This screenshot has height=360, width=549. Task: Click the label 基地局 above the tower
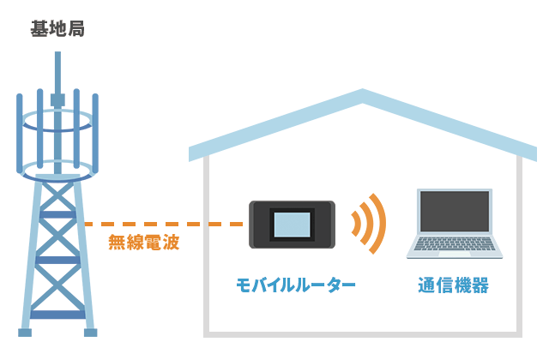(x=57, y=29)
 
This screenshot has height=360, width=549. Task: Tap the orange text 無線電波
(x=143, y=242)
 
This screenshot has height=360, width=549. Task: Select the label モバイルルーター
(x=295, y=285)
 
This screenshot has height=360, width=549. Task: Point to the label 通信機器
(x=454, y=285)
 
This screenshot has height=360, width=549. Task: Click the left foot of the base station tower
(x=25, y=331)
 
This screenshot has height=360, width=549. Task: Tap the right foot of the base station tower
(x=90, y=331)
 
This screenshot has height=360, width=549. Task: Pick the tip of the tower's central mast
(x=57, y=54)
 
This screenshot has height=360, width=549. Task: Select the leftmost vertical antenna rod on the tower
(x=20, y=129)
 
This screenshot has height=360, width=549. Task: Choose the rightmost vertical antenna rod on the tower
(x=95, y=129)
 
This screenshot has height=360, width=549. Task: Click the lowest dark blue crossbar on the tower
(x=57, y=314)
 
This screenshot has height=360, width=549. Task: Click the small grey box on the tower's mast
(x=57, y=99)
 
